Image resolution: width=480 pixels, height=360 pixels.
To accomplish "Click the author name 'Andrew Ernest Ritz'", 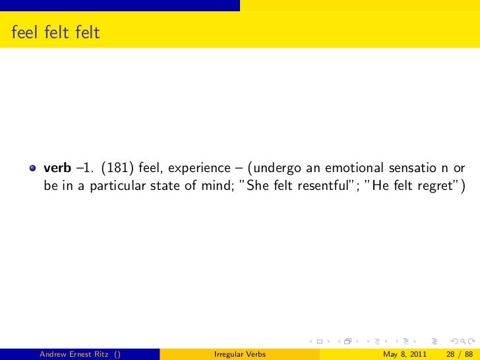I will pos(75,353).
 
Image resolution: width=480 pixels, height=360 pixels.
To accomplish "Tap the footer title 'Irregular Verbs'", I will pos(240,353).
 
